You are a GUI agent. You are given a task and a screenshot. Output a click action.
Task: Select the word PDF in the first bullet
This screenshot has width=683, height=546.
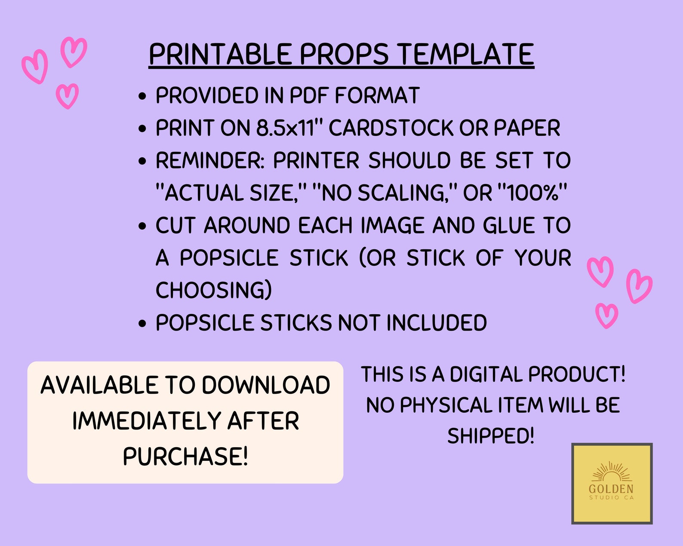(309, 95)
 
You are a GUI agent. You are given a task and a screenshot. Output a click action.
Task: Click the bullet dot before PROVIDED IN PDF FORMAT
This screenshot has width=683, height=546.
(143, 96)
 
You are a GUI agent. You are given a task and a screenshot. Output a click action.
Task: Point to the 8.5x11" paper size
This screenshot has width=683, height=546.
(289, 128)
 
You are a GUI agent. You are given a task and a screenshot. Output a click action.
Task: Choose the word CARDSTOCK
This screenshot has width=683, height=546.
(391, 128)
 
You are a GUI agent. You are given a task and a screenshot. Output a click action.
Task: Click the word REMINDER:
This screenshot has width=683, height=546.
(210, 161)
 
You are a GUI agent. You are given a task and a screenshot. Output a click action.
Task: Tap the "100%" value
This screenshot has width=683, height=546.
(532, 193)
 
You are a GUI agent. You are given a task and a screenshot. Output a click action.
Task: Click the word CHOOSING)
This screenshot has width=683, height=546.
(214, 290)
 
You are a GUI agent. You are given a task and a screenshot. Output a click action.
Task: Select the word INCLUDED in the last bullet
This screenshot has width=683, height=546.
(437, 323)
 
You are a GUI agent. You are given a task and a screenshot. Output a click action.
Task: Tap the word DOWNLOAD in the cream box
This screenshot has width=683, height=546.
(266, 385)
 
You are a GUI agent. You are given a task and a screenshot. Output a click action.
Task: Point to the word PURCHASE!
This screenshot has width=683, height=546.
(185, 456)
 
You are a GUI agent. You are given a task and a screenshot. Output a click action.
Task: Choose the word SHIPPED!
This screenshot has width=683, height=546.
(491, 436)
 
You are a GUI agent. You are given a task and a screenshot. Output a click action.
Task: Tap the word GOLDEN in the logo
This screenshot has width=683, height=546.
(611, 489)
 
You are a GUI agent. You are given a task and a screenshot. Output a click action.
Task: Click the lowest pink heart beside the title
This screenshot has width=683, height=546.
(67, 95)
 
